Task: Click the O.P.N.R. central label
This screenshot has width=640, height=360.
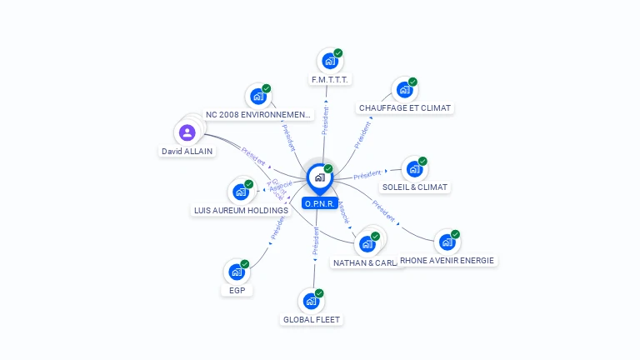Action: click(x=320, y=203)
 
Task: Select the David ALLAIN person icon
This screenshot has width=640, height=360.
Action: click(x=187, y=132)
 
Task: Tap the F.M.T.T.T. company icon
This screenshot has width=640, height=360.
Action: click(x=330, y=61)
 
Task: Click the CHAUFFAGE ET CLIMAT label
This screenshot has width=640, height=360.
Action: click(x=405, y=108)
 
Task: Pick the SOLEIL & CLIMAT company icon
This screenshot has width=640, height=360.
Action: click(x=414, y=169)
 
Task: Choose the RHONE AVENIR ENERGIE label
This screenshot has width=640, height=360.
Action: click(x=448, y=261)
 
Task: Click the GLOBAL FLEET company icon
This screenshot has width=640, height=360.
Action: click(x=312, y=301)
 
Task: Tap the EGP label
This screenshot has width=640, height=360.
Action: click(x=237, y=291)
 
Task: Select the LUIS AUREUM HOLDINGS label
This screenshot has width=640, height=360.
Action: click(x=241, y=211)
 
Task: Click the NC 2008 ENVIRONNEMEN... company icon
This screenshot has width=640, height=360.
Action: click(x=257, y=97)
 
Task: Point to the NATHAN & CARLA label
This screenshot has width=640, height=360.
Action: click(x=365, y=263)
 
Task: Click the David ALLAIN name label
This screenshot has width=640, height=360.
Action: click(x=187, y=152)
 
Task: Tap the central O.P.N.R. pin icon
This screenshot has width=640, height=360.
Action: click(x=319, y=177)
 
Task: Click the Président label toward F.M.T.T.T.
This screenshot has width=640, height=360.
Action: click(x=325, y=119)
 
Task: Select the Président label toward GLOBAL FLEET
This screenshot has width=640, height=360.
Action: click(x=316, y=239)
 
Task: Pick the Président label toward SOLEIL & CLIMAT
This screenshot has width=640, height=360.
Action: click(x=367, y=175)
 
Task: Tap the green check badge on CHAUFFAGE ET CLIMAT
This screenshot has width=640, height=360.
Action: click(x=412, y=82)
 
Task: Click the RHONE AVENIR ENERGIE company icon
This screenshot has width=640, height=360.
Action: click(x=447, y=242)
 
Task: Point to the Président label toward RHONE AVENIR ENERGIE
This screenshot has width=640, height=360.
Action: click(x=384, y=211)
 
